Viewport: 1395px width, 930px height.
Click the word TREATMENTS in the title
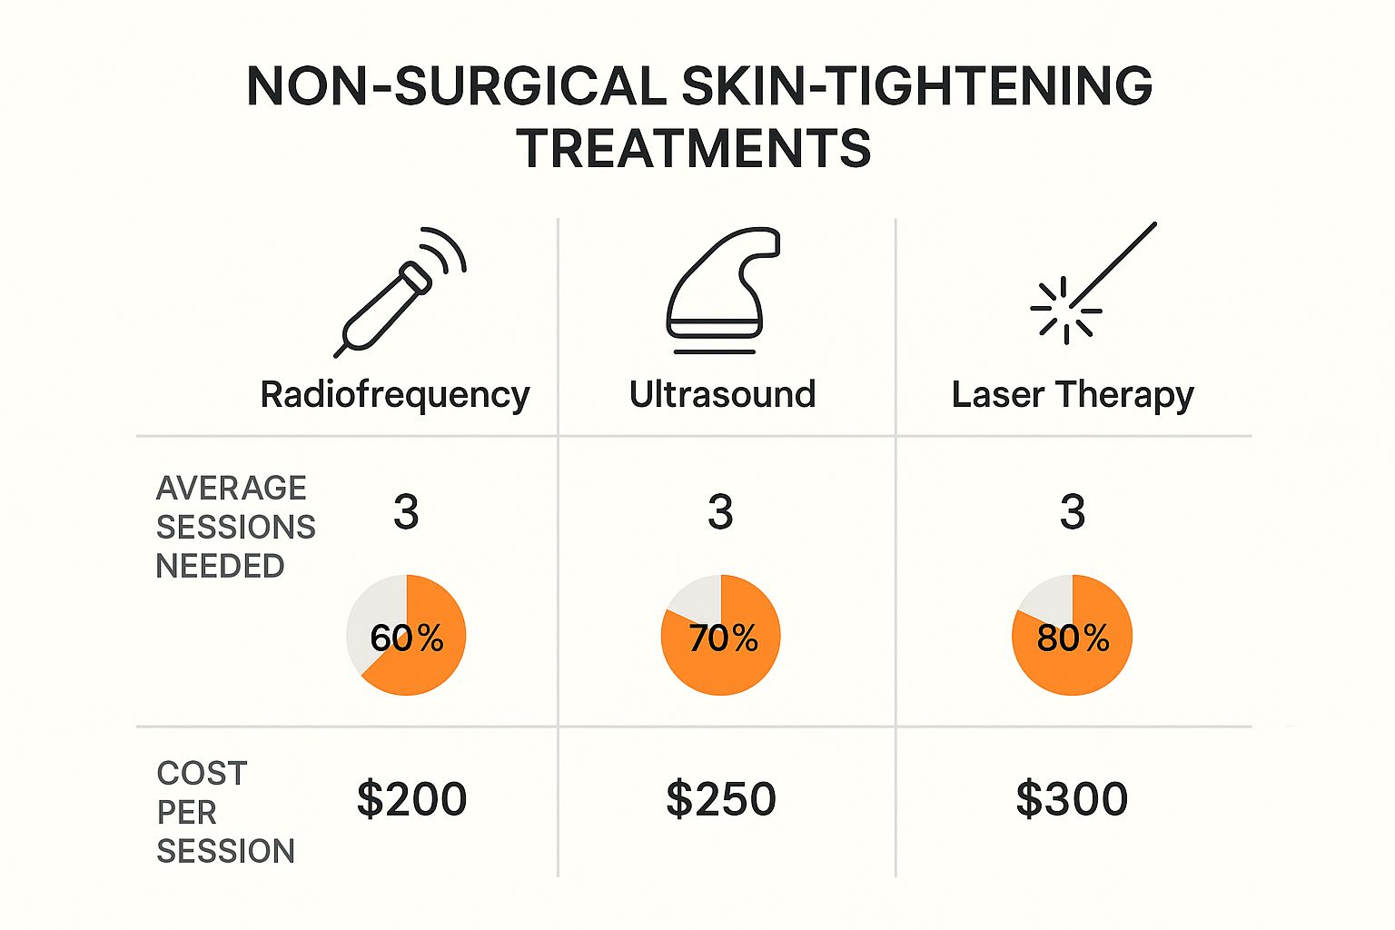click(694, 149)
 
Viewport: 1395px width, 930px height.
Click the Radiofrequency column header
click(395, 395)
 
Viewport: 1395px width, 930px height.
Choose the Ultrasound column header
click(722, 395)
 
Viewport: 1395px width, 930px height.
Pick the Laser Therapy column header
click(1073, 395)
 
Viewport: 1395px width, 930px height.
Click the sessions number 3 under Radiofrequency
click(406, 512)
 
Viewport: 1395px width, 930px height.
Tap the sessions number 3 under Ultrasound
click(720, 512)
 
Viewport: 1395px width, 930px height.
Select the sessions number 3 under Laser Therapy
click(1073, 512)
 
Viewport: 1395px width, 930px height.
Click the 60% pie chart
click(406, 636)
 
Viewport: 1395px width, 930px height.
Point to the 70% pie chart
click(720, 636)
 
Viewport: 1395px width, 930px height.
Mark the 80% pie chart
click(1073, 636)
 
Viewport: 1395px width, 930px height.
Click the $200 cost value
click(411, 799)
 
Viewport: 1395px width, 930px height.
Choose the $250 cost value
click(721, 799)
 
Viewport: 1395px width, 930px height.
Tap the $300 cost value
click(1072, 799)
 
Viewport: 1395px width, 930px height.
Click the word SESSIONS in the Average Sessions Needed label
click(235, 527)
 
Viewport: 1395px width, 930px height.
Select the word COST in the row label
click(202, 774)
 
